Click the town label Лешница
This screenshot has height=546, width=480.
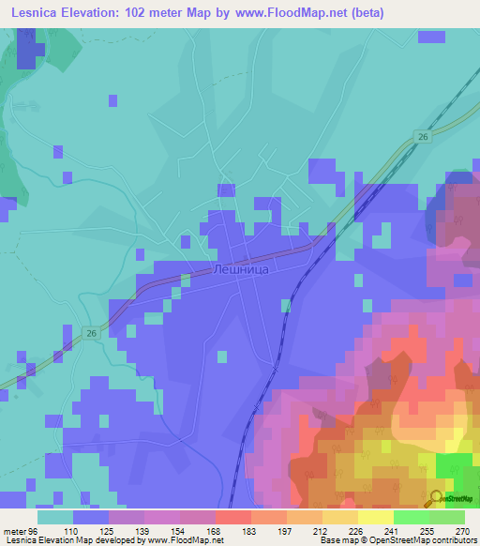click(x=241, y=269)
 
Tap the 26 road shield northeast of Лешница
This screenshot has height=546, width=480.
click(x=423, y=137)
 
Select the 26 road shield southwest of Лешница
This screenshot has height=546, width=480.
click(x=91, y=333)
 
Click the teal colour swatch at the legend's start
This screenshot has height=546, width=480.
click(x=55, y=517)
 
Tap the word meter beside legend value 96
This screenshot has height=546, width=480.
click(x=14, y=531)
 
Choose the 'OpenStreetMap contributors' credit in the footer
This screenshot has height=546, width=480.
click(x=432, y=540)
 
